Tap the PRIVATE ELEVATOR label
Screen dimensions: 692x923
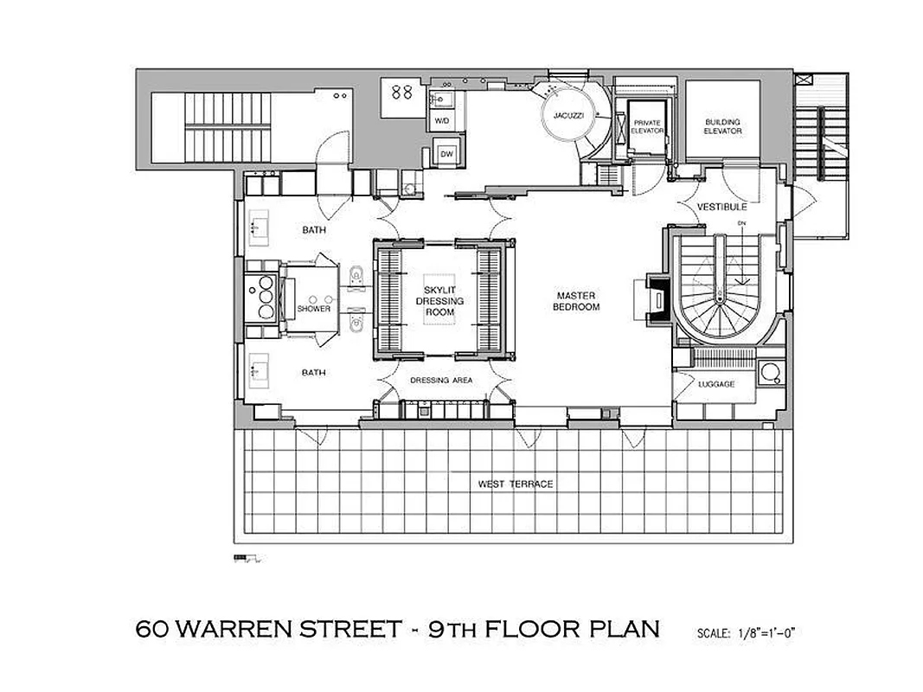[x=646, y=127]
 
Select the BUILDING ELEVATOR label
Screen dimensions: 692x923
[x=722, y=126]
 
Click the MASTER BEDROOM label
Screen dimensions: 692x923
[x=579, y=301]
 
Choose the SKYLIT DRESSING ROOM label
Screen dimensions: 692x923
[x=444, y=301]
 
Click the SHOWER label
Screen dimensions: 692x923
[x=314, y=309]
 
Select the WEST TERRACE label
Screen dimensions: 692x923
[x=516, y=484]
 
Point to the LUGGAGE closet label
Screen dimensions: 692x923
[x=716, y=383]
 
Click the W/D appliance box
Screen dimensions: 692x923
[x=442, y=120]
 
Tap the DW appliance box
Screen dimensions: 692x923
[x=446, y=153]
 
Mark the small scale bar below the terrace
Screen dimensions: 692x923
[x=247, y=559]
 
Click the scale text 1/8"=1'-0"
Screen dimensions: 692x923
[x=746, y=632]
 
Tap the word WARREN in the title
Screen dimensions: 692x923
[x=244, y=628]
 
